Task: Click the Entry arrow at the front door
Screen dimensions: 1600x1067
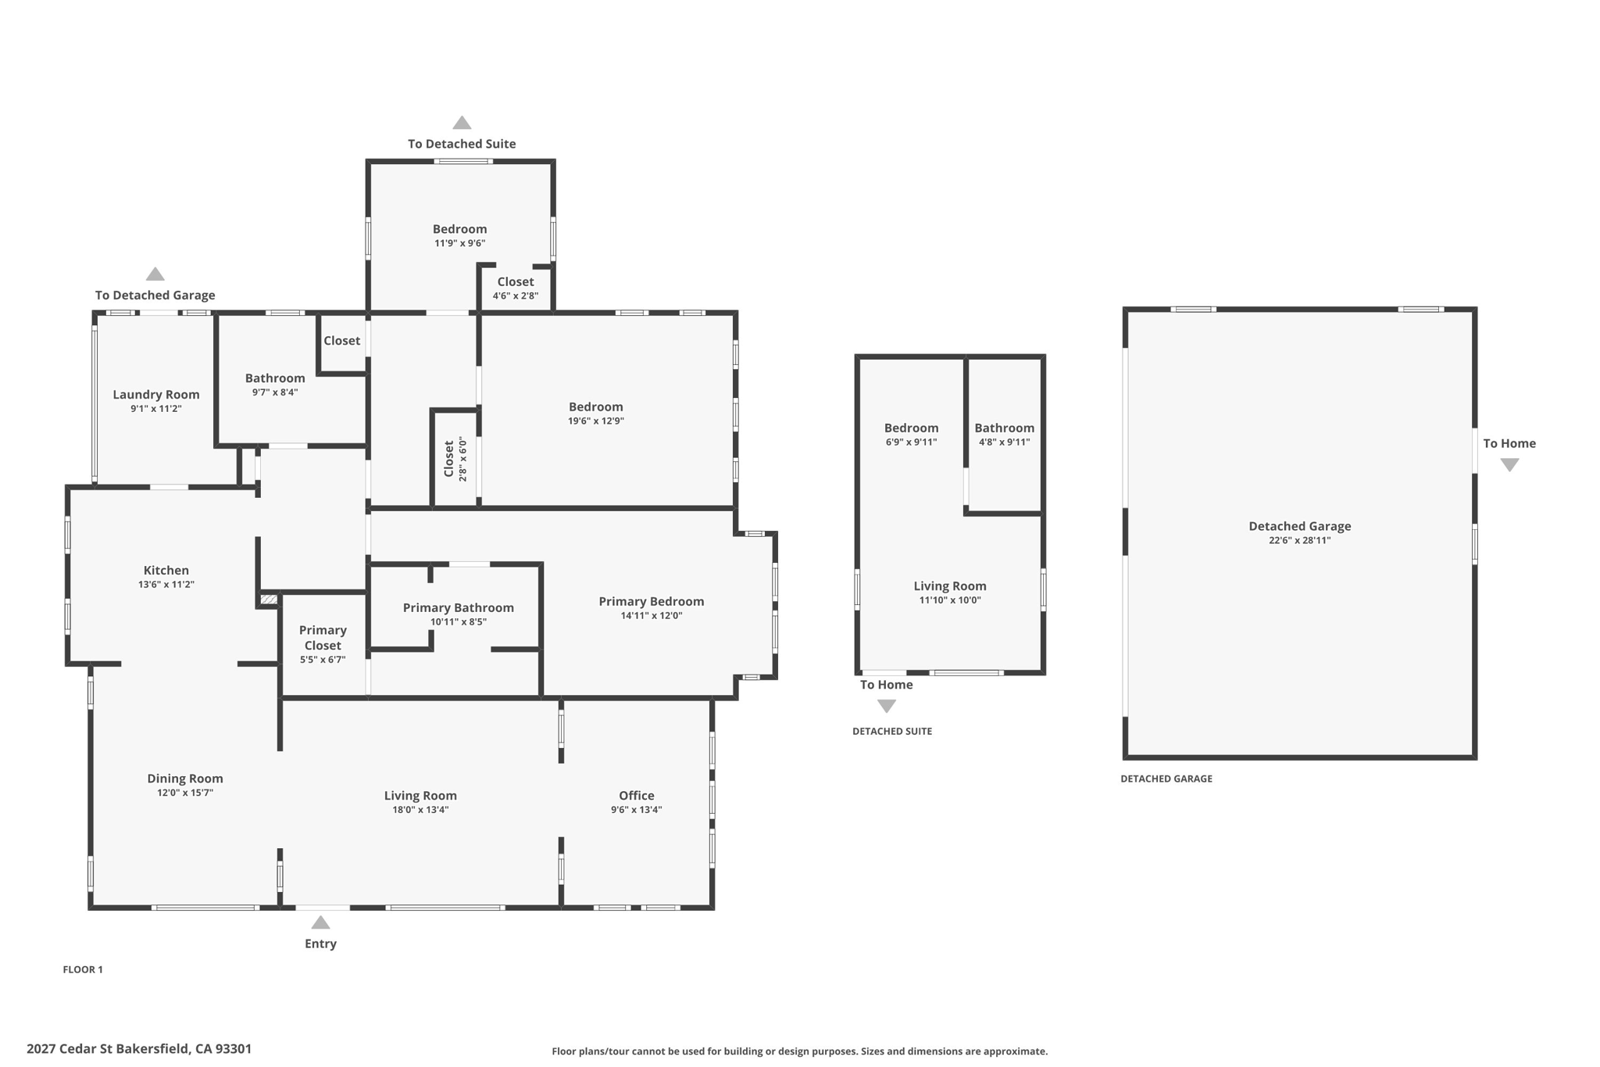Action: coord(320,922)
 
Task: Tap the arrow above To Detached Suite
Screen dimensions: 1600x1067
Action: coord(462,123)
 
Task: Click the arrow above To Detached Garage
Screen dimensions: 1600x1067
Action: coord(155,274)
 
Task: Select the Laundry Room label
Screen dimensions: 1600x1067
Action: coord(156,395)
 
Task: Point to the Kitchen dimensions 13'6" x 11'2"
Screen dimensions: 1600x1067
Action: coord(166,585)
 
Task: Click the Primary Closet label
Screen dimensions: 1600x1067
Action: coord(323,638)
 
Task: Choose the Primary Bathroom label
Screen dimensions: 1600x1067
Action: coord(459,608)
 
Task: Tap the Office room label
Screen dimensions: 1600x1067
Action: coord(637,796)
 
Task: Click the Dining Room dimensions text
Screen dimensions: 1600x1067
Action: coord(185,793)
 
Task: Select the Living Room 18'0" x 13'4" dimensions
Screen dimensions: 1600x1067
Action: coord(420,810)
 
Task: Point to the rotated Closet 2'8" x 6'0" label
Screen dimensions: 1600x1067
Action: coord(455,459)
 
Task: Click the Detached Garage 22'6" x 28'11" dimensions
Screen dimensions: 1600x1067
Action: coord(1300,540)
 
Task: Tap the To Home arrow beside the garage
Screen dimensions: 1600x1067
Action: coord(1509,465)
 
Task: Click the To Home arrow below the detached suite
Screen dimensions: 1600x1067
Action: coord(887,706)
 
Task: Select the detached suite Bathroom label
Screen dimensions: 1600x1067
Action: coord(1005,428)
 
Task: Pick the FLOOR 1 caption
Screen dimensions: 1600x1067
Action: coord(83,969)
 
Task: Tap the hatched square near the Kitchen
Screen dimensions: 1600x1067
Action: coord(269,600)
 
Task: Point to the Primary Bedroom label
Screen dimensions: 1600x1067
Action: coord(652,602)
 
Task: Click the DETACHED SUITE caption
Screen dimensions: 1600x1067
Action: coord(892,732)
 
